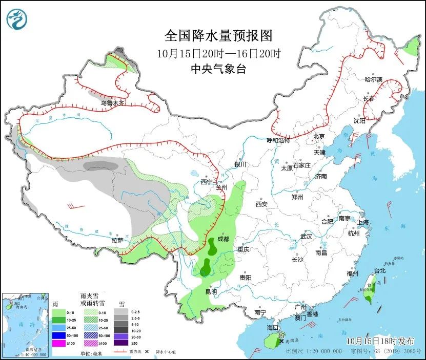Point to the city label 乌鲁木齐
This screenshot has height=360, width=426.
[x=112, y=103]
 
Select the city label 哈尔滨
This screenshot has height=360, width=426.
[x=373, y=79]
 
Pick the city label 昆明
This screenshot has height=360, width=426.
[x=211, y=291]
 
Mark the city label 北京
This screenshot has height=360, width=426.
[x=319, y=136]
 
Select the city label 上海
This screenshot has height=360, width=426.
[x=363, y=222]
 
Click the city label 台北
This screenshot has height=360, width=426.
[x=379, y=270]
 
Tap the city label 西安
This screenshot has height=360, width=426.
[x=261, y=204]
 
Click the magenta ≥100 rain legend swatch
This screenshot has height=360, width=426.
[x=58, y=343]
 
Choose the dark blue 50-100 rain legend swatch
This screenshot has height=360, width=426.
[x=58, y=335]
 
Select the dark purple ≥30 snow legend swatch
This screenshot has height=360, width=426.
[x=121, y=343]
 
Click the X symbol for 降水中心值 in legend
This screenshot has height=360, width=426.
[x=147, y=352]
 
